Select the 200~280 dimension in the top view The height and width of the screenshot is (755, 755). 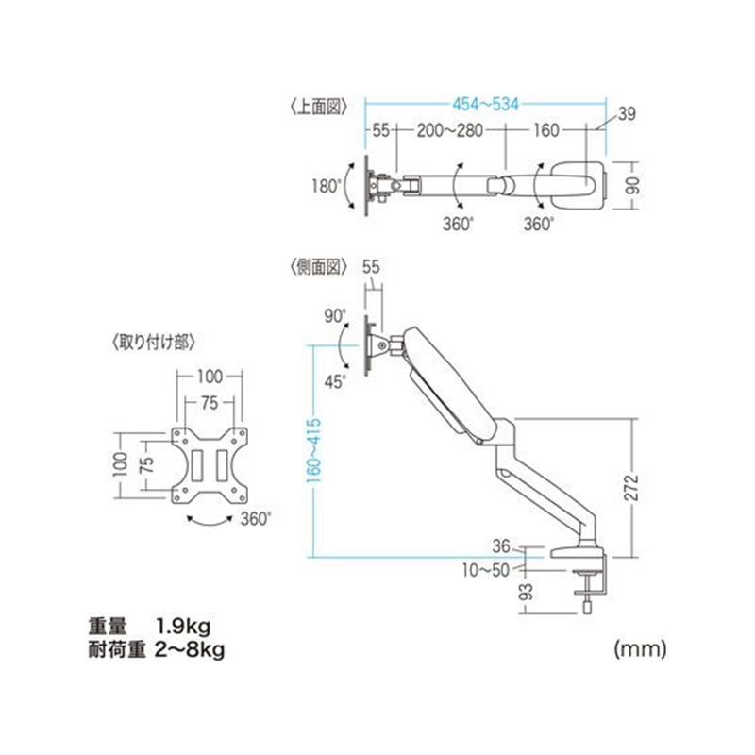click(451, 131)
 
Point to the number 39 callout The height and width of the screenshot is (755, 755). click(628, 115)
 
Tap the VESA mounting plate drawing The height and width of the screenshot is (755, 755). click(209, 466)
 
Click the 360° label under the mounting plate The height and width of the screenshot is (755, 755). click(255, 517)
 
